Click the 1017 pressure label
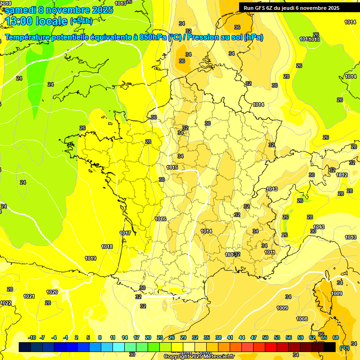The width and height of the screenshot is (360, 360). [x=125, y=233]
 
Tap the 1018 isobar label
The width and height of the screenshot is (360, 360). [x=107, y=247]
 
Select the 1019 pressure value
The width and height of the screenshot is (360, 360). [x=90, y=258]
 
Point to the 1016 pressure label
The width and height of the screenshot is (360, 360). [x=161, y=219]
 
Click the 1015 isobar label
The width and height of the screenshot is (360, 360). [x=172, y=167]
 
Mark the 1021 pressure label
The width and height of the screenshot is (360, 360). [x=29, y=296]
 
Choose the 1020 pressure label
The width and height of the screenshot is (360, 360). [x=52, y=292]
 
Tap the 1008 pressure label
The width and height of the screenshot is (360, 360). [x=302, y=319]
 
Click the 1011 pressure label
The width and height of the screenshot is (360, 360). [x=270, y=252]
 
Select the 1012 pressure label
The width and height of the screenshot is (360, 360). [x=342, y=175]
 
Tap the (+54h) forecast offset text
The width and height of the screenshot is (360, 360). [x=81, y=21]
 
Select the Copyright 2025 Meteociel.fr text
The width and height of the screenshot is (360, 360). [x=199, y=356]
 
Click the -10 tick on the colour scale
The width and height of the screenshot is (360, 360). [x=32, y=337]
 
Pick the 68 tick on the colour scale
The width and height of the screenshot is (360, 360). [x=336, y=337]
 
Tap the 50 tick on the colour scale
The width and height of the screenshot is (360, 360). [x=265, y=337]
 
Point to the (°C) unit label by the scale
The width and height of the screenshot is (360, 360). [x=345, y=348]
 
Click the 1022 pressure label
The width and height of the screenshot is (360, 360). [x=6, y=303]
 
